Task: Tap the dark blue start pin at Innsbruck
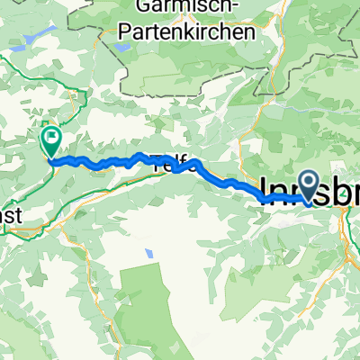pyautogui.click(x=308, y=185)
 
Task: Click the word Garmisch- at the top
pyautogui.click(x=191, y=10)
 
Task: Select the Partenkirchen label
pyautogui.click(x=185, y=31)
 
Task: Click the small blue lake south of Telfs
pyautogui.click(x=141, y=255)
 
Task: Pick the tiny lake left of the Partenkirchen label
pyautogui.click(x=119, y=42)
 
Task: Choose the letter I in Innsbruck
pyautogui.click(x=263, y=190)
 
